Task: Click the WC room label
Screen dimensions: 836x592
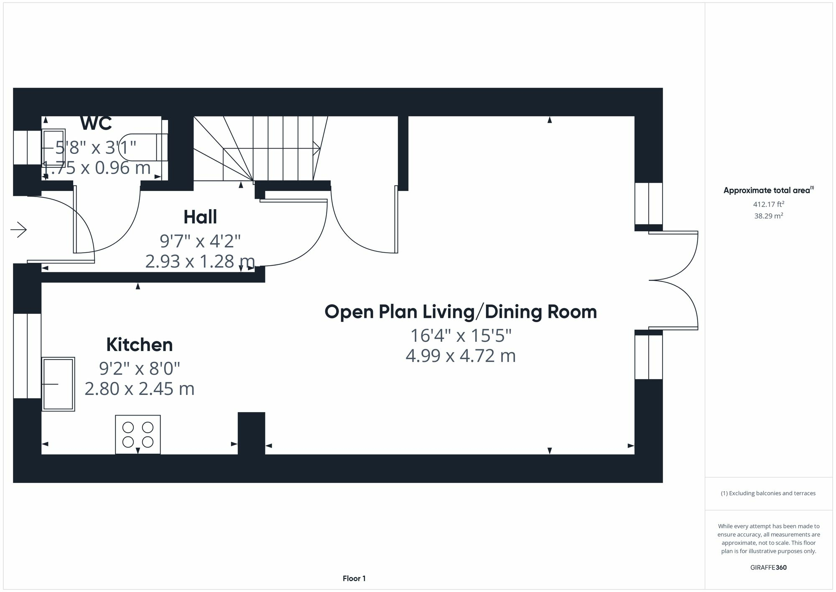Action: (x=96, y=123)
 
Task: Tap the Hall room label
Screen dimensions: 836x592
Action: (x=200, y=217)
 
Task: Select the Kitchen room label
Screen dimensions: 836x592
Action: (x=140, y=345)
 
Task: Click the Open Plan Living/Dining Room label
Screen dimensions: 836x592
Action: (x=461, y=312)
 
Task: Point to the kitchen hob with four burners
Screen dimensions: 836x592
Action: (x=138, y=435)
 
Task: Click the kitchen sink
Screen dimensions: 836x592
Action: (x=58, y=384)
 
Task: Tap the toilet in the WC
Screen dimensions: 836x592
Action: (x=142, y=147)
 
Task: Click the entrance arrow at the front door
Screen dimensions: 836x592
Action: (x=19, y=230)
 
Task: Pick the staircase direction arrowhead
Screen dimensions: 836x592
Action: (x=317, y=148)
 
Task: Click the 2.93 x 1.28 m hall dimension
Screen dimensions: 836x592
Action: (x=200, y=261)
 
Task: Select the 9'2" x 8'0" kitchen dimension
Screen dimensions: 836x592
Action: (x=140, y=369)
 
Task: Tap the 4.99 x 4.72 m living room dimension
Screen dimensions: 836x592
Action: (x=461, y=356)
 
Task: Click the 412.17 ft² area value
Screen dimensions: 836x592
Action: (x=769, y=204)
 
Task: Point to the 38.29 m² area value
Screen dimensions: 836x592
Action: (x=769, y=216)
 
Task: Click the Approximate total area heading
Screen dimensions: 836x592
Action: (x=769, y=190)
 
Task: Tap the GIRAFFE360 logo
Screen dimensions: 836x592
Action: (x=769, y=568)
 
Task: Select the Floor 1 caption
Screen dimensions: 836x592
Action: (x=354, y=579)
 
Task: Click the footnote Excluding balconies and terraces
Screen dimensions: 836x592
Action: (x=768, y=493)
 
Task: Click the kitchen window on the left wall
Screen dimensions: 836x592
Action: (x=27, y=356)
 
